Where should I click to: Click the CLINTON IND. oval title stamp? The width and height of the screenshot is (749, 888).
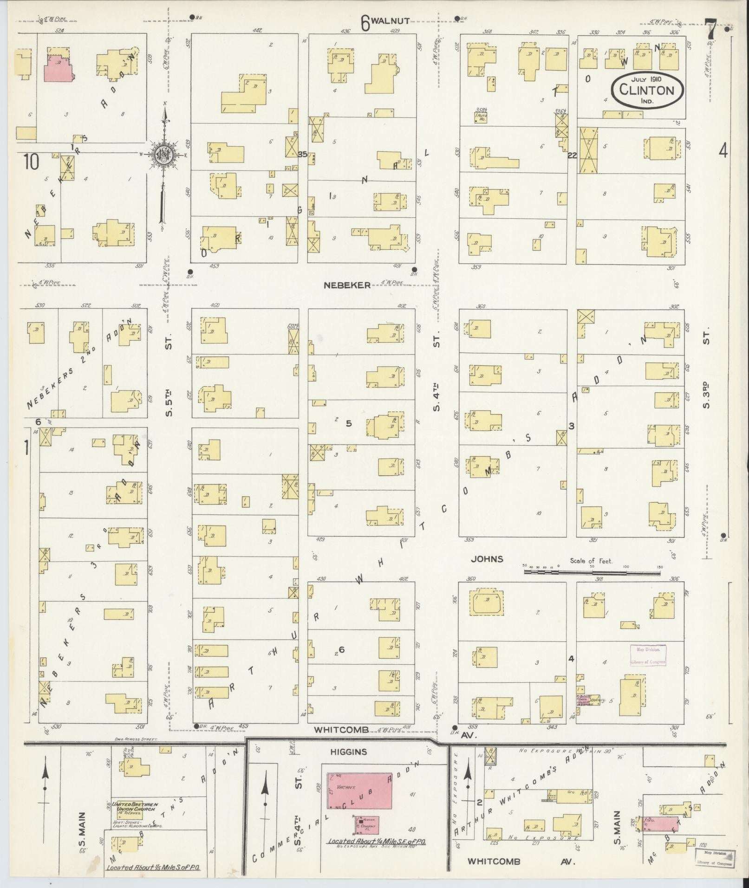[x=647, y=90]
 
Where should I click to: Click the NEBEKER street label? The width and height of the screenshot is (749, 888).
[x=347, y=285]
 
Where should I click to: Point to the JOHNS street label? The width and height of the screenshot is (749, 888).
[x=487, y=559]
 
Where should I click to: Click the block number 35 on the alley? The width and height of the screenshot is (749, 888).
[x=303, y=154]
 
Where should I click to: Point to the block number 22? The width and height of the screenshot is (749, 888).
[x=572, y=156]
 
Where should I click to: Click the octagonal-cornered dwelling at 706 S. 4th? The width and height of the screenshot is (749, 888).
[x=486, y=602]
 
